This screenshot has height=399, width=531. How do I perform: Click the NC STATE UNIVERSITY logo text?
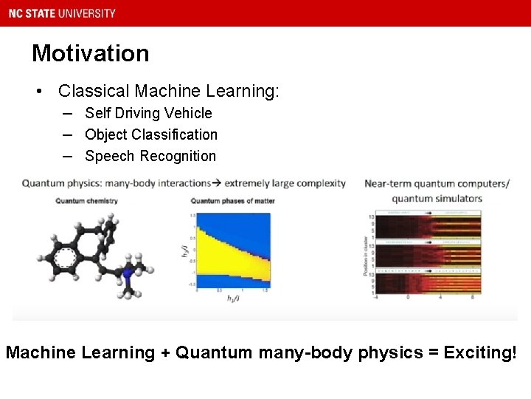(x=62, y=13)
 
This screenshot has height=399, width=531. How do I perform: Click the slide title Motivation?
(x=90, y=53)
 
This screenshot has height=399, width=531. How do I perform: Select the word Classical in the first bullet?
(x=87, y=91)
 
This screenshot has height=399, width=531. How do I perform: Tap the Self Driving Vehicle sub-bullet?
(x=148, y=113)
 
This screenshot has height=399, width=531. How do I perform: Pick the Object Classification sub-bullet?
(x=151, y=134)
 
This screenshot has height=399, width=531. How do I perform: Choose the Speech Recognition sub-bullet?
(x=150, y=156)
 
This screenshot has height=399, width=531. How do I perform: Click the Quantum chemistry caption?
(x=86, y=200)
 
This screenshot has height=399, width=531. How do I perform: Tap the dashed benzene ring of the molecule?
(x=66, y=259)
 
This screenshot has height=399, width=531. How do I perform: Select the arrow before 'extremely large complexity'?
(x=217, y=183)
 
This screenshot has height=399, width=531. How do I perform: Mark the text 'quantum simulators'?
(x=437, y=198)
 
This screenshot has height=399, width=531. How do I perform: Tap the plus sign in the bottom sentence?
(x=163, y=353)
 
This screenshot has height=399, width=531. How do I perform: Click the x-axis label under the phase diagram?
(x=233, y=298)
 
